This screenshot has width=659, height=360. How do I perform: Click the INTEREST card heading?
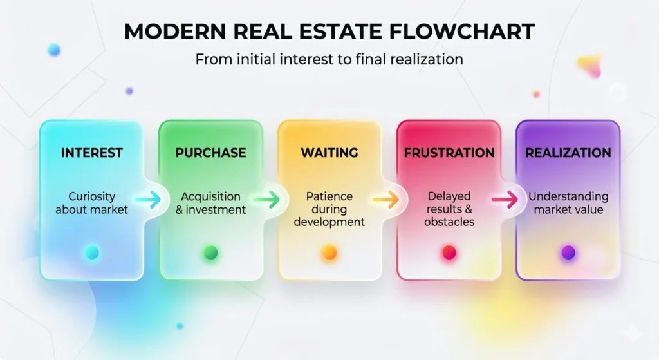pyautogui.click(x=91, y=153)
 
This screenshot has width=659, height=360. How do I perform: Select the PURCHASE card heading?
pyautogui.click(x=210, y=153)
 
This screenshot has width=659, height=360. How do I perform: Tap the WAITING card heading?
pyautogui.click(x=329, y=153)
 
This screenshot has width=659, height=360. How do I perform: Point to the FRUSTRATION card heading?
pyautogui.click(x=449, y=153)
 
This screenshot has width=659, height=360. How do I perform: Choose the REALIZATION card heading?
pyautogui.click(x=568, y=153)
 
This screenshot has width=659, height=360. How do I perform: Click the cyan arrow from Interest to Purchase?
pyautogui.click(x=148, y=200)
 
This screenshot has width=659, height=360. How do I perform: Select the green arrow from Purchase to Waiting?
pyautogui.click(x=267, y=200)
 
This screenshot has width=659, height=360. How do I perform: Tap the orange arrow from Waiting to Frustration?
pyautogui.click(x=386, y=200)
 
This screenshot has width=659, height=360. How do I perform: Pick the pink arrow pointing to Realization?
pyautogui.click(x=505, y=200)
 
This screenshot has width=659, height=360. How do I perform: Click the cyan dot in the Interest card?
pyautogui.click(x=92, y=252)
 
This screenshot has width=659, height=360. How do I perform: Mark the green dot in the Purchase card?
pyautogui.click(x=211, y=252)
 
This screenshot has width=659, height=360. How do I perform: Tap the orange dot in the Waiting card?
pyautogui.click(x=329, y=252)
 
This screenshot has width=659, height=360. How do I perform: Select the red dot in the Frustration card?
pyautogui.click(x=449, y=252)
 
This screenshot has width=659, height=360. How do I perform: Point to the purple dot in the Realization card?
pyautogui.click(x=568, y=252)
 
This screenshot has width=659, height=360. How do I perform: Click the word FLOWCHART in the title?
pyautogui.click(x=462, y=32)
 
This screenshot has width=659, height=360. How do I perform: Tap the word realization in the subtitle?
pyautogui.click(x=427, y=59)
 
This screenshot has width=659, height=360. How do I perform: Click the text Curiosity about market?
pyautogui.click(x=91, y=203)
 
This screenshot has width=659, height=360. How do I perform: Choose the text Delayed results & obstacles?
pyautogui.click(x=449, y=209)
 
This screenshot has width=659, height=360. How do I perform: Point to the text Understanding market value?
pyautogui.click(x=568, y=203)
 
